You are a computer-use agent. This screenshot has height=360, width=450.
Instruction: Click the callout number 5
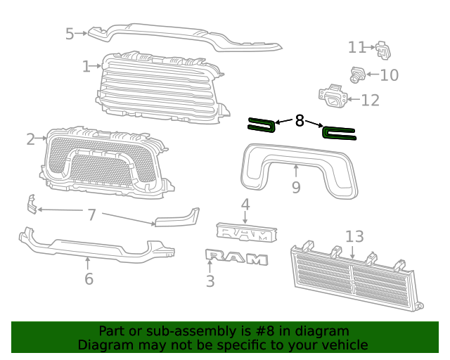[70, 33]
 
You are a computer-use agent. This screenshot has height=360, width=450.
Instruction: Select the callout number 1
[86, 67]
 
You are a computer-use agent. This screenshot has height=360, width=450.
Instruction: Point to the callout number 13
[354, 237]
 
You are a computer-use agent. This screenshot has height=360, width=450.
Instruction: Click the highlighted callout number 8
[300, 121]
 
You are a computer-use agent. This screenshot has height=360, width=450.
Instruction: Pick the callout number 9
[296, 187]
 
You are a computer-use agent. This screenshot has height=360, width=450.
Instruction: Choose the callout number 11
[356, 47]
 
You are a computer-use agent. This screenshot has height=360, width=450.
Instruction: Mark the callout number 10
[389, 75]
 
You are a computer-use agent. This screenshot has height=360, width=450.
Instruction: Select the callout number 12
[370, 100]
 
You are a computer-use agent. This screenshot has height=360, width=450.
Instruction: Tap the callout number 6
[89, 279]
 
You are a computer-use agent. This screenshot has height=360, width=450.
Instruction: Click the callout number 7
[91, 214]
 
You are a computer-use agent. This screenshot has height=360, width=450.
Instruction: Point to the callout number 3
[210, 282]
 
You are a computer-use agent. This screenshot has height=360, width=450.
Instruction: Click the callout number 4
[245, 205]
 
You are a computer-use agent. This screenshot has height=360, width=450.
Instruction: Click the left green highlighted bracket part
[262, 125]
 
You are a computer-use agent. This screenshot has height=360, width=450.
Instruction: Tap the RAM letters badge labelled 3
[236, 258]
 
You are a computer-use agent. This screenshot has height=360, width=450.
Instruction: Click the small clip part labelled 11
[382, 50]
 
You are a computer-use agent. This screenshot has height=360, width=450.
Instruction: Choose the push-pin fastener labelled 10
[358, 73]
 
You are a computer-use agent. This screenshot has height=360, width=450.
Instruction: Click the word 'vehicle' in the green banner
[344, 345]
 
